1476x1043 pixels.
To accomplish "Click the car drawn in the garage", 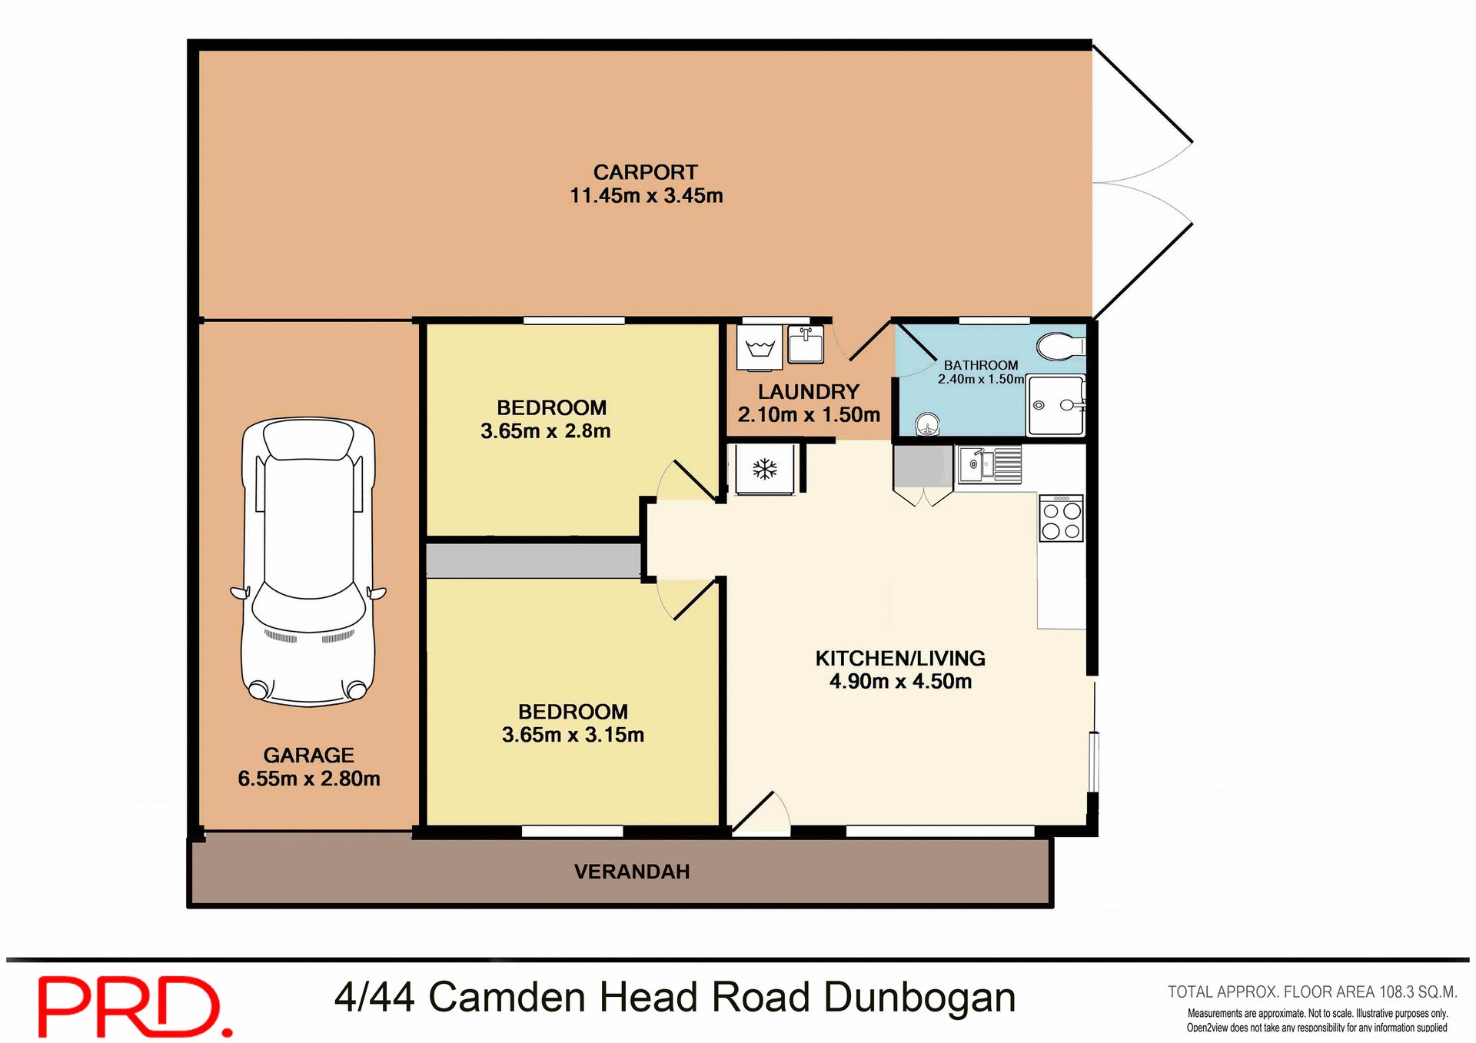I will tap(308, 561).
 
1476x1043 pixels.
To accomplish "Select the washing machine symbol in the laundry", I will tap(760, 348).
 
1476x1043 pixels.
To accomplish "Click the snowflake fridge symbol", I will tap(764, 469).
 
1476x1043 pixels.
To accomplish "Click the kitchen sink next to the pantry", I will tap(989, 464).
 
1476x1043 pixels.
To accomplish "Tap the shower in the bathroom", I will tap(1055, 405).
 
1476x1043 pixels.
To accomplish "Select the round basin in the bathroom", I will tap(928, 424).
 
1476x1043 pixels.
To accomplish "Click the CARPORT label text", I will tap(645, 172).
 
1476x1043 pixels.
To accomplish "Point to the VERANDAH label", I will tap(632, 872).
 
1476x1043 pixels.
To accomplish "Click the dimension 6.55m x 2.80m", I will tap(309, 779).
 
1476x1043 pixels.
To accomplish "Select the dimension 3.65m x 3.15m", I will tap(573, 735).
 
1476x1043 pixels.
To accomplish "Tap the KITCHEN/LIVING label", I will tap(900, 658).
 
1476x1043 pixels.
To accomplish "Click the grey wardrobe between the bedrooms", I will tap(533, 560).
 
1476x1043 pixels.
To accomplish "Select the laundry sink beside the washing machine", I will tap(806, 345).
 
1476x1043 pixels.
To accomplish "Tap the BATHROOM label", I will tap(981, 365).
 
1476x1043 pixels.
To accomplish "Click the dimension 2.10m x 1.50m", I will tap(809, 415).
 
